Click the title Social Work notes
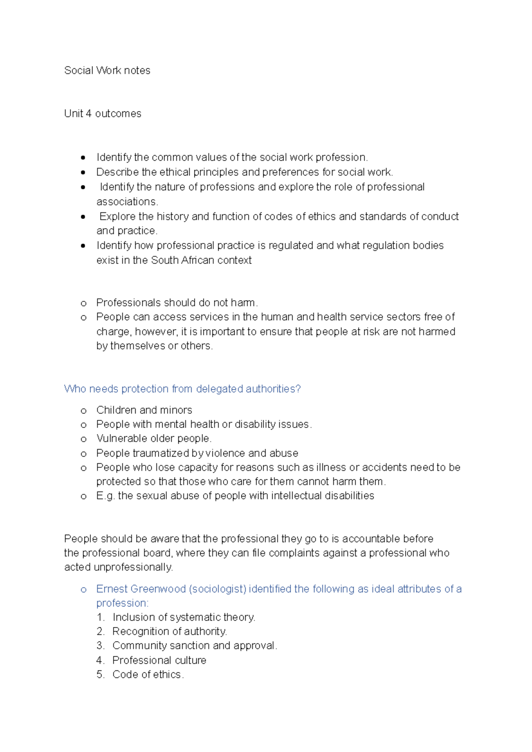tap(107, 70)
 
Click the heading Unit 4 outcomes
tap(102, 114)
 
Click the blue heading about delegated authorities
tap(182, 389)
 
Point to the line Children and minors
tap(144, 410)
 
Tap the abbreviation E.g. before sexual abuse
tap(106, 496)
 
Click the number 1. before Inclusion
tap(100, 617)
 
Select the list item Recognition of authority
tap(169, 631)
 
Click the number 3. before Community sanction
tap(100, 646)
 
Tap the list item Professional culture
tap(159, 660)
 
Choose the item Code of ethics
tap(147, 674)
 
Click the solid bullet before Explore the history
tap(83, 217)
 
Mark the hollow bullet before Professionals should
tap(83, 303)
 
